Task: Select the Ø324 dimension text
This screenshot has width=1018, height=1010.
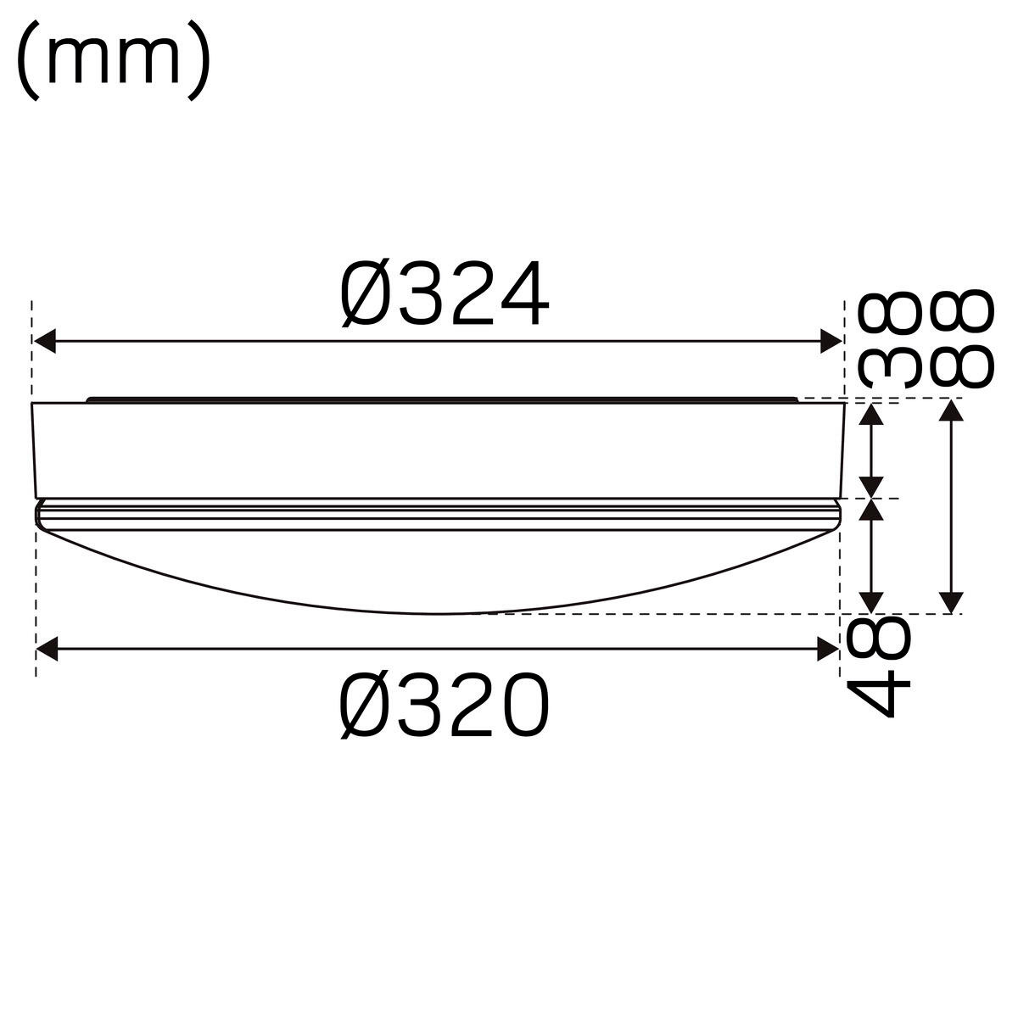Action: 445,293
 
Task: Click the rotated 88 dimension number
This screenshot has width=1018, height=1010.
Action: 962,338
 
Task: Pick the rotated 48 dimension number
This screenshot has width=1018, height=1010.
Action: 878,667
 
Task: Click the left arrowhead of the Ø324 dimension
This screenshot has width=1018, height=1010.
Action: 44,341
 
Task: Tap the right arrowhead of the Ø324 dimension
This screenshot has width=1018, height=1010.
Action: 831,341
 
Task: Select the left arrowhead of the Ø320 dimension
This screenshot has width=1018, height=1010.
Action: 47,649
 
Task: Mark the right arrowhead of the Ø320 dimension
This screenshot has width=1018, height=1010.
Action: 828,649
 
